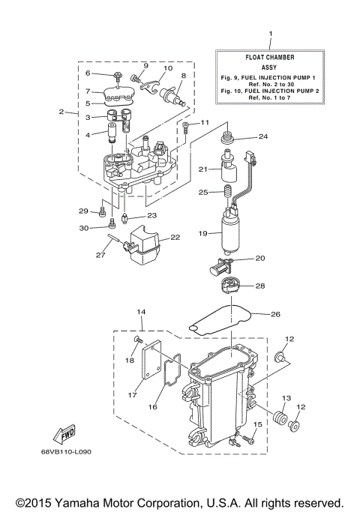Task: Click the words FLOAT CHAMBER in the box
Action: (269, 56)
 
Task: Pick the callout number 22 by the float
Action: (175, 237)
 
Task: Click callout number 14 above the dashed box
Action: (140, 312)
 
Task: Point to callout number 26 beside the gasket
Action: (274, 313)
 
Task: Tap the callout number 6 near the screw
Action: (88, 73)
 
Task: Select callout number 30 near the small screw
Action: (83, 228)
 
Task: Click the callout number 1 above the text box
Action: (270, 34)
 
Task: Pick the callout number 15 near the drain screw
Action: (256, 425)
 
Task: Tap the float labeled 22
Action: (144, 248)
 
